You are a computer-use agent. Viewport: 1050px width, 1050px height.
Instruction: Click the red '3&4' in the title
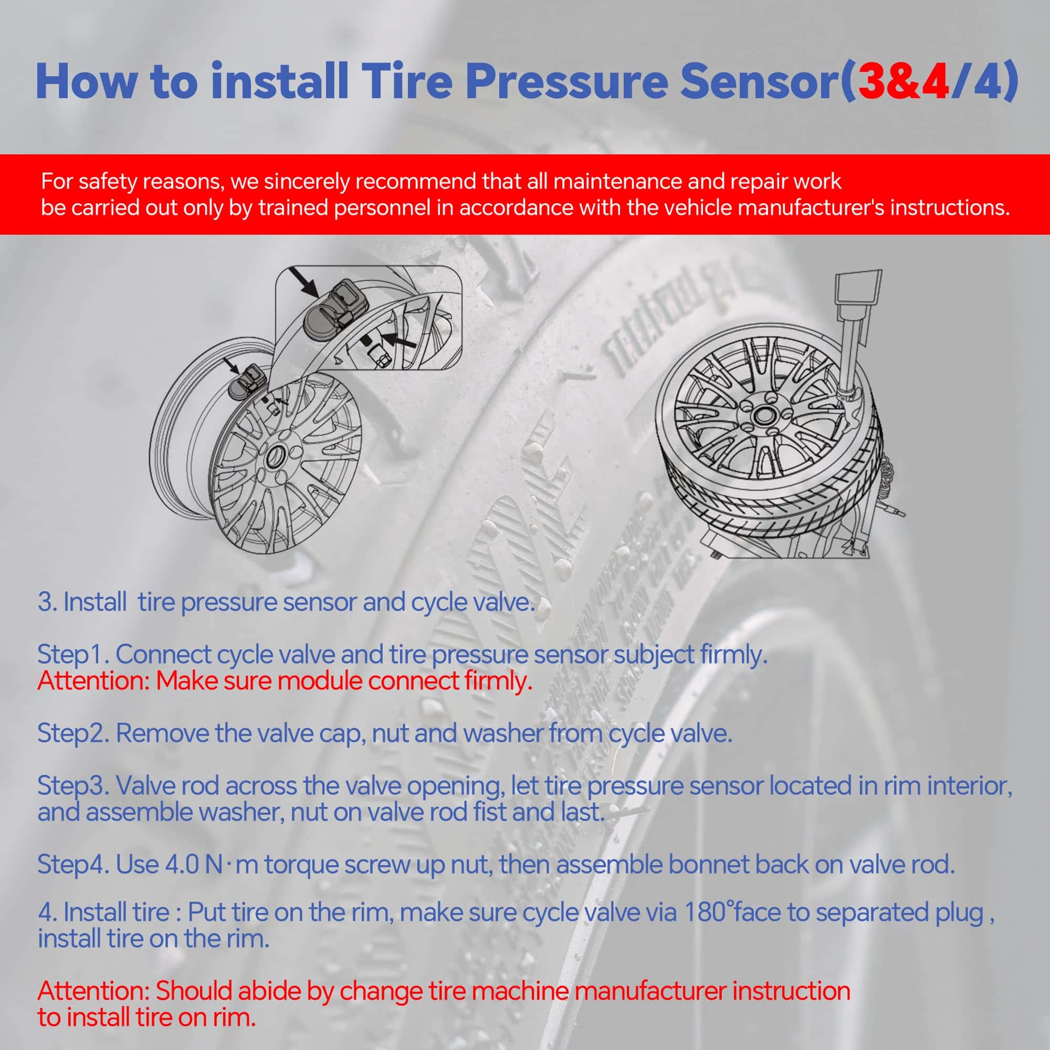pyautogui.click(x=902, y=81)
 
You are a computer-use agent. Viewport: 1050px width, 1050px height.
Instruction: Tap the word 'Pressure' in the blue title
pyautogui.click(x=566, y=81)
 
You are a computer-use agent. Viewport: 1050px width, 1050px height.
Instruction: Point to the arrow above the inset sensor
pyautogui.click(x=304, y=281)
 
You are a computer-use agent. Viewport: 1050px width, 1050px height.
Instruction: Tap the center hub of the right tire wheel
pyautogui.click(x=760, y=418)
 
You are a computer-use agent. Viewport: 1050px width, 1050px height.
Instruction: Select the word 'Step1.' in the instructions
pyautogui.click(x=74, y=655)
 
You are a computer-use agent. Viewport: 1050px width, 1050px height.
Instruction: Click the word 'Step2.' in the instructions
pyautogui.click(x=74, y=734)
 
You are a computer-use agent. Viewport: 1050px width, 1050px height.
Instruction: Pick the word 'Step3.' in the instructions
pyautogui.click(x=74, y=786)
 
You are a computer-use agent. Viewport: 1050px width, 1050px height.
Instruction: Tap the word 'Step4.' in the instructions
pyautogui.click(x=74, y=865)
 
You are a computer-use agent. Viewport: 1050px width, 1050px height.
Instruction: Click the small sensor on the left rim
pyautogui.click(x=248, y=384)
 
